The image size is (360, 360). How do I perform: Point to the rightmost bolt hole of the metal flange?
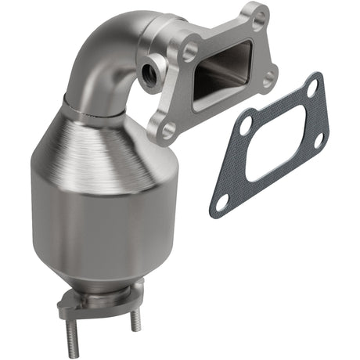(x=269, y=78)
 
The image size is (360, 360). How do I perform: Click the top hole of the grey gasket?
(x=313, y=91)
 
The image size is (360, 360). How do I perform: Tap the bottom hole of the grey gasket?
(x=222, y=201)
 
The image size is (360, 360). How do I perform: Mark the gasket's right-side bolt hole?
(x=318, y=140)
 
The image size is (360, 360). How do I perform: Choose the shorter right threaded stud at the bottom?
(x=135, y=321)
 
